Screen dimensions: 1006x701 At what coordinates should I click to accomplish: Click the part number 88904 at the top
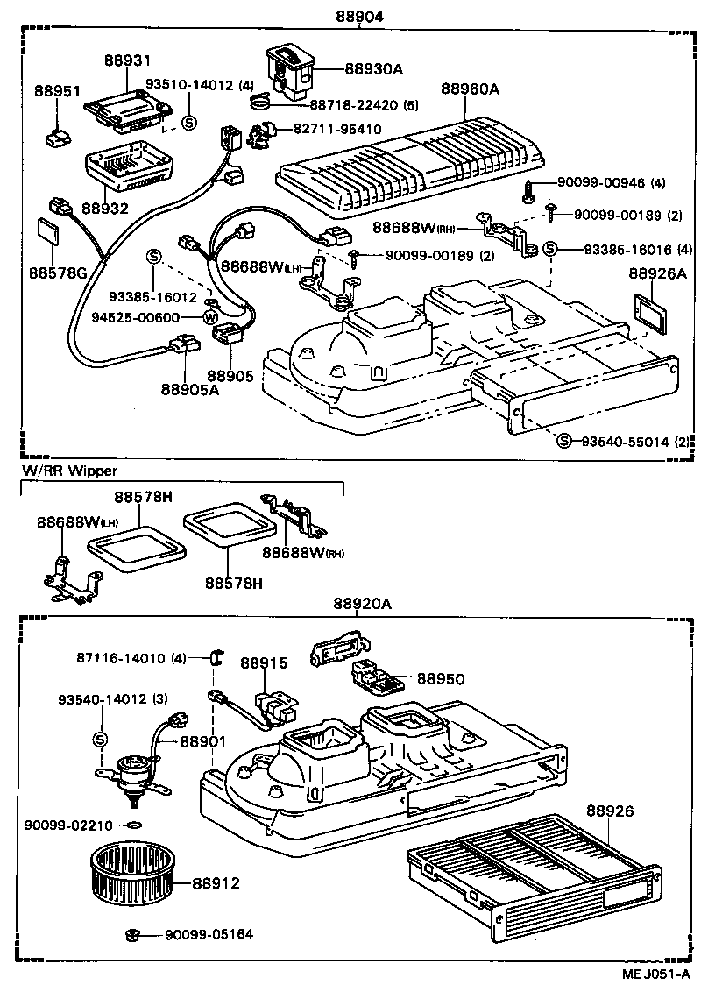(359, 17)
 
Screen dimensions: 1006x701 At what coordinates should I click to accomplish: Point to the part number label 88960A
(470, 89)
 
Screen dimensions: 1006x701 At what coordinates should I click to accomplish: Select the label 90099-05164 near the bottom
(209, 934)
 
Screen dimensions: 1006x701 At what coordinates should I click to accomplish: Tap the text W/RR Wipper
(69, 471)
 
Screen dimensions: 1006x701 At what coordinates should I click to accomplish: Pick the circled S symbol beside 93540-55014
(564, 439)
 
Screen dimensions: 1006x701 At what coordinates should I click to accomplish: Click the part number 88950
(440, 679)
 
